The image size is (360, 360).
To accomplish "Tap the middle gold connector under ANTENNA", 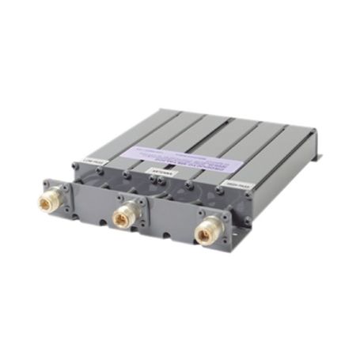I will point(123,214).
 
